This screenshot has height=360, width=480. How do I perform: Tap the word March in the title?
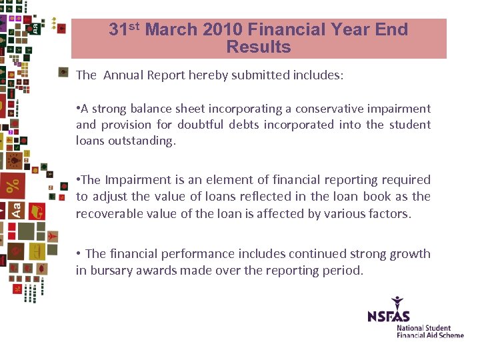click(x=171, y=29)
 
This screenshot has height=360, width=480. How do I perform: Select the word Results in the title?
click(x=259, y=47)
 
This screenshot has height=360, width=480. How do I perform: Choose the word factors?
click(x=389, y=213)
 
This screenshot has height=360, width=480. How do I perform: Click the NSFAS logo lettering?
click(x=389, y=315)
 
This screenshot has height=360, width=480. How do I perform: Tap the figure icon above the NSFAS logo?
click(x=398, y=302)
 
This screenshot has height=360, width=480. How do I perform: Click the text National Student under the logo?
click(x=424, y=328)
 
